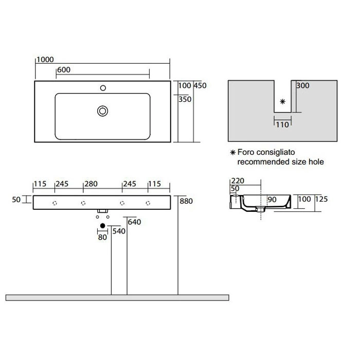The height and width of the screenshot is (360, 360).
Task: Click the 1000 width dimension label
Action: [x=45, y=60]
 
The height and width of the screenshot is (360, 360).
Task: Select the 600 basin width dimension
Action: [x=64, y=70]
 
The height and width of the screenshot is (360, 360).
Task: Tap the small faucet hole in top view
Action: [x=103, y=88]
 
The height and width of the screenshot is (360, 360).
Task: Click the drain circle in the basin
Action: [x=103, y=111]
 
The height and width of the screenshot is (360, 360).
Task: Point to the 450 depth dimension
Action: [x=200, y=86]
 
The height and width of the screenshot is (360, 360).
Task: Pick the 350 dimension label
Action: [x=185, y=99]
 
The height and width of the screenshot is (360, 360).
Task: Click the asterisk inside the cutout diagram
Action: [x=283, y=101]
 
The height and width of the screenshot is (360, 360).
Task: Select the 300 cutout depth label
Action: [x=303, y=86]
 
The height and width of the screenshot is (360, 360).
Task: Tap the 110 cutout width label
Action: [x=282, y=125]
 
